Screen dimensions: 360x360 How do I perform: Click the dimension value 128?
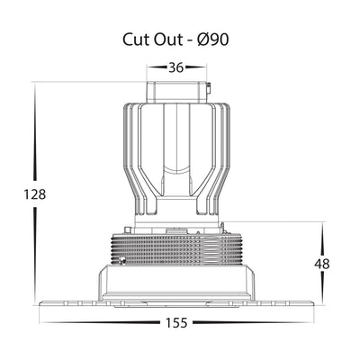pos(35,194)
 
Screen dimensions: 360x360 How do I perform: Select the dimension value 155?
pos(176,322)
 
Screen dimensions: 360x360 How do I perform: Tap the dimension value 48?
pos(322,264)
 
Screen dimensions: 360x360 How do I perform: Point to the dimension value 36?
pos(175,67)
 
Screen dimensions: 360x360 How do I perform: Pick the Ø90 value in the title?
pos(213,40)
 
